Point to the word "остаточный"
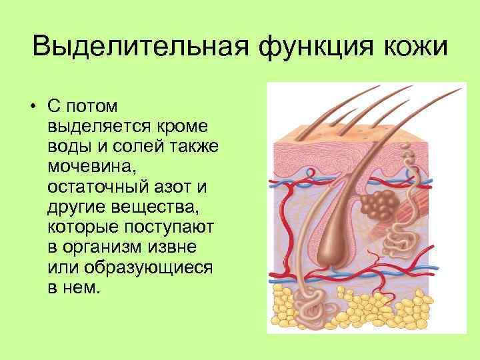click(x=100, y=181)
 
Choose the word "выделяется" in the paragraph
click(x=93, y=125)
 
